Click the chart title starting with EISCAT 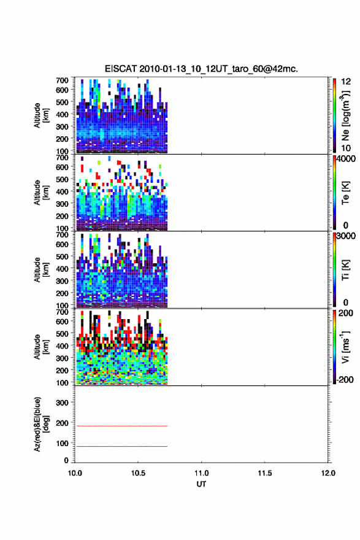tap(201, 69)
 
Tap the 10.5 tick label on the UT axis tap(138, 473)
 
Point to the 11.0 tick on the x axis tap(201, 473)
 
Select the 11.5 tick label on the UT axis tap(265, 473)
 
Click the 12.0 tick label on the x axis tap(328, 473)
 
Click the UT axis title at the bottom tap(201, 484)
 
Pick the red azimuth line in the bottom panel tap(122, 426)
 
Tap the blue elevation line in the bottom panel tap(122, 446)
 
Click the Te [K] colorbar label tap(345, 193)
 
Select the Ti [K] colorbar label tap(345, 270)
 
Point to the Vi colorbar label tap(345, 347)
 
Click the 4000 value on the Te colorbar tap(347, 159)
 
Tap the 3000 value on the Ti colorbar tap(347, 236)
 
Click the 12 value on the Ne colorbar tap(346, 82)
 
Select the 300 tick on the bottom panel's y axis tap(62, 403)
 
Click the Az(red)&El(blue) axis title tap(41, 424)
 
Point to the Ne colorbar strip tap(334, 115)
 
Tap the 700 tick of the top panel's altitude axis tap(62, 80)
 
